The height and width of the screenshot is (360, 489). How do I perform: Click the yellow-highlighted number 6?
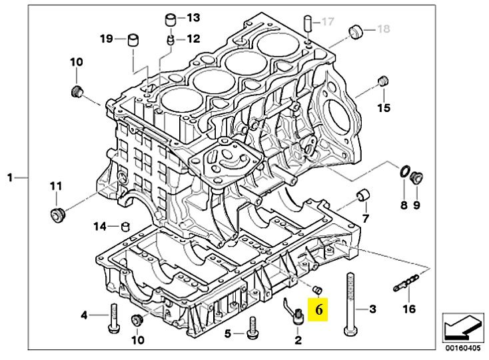[x=318, y=310]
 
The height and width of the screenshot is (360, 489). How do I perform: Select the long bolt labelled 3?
[x=350, y=305]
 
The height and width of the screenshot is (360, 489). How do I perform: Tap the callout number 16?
[x=409, y=309]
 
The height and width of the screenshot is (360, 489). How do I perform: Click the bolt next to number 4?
[x=113, y=319]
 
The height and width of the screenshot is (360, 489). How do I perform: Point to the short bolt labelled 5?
[x=252, y=327]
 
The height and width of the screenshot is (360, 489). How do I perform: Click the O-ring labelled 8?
[x=404, y=171]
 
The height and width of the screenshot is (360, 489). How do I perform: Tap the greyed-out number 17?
[x=328, y=21]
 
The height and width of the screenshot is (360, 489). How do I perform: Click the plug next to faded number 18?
[x=356, y=31]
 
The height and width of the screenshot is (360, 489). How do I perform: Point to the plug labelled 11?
[x=58, y=215]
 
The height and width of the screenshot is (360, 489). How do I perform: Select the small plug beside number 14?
[x=125, y=226]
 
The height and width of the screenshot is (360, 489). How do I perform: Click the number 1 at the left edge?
[x=10, y=178]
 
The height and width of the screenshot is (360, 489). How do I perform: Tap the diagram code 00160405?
[x=463, y=348]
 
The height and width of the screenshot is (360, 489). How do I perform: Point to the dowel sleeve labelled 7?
[x=363, y=195]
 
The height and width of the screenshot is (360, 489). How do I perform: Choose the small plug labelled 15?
[x=382, y=81]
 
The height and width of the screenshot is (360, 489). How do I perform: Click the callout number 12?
[x=193, y=39]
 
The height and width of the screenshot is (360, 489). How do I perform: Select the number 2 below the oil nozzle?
[x=298, y=340]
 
